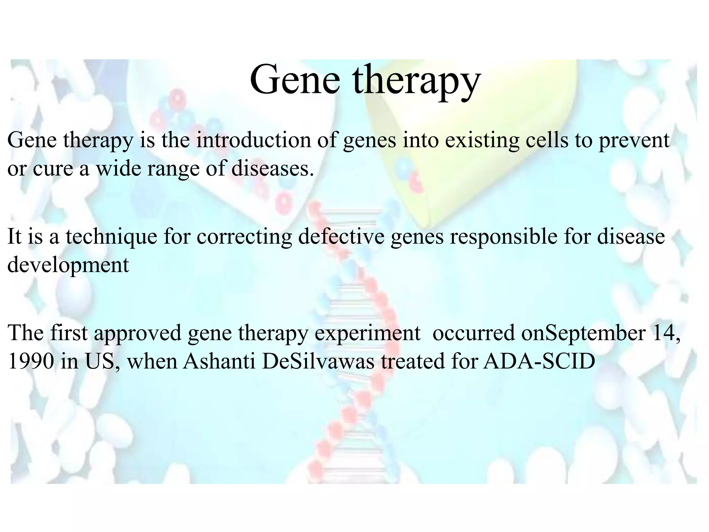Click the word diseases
[x=272, y=169]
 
